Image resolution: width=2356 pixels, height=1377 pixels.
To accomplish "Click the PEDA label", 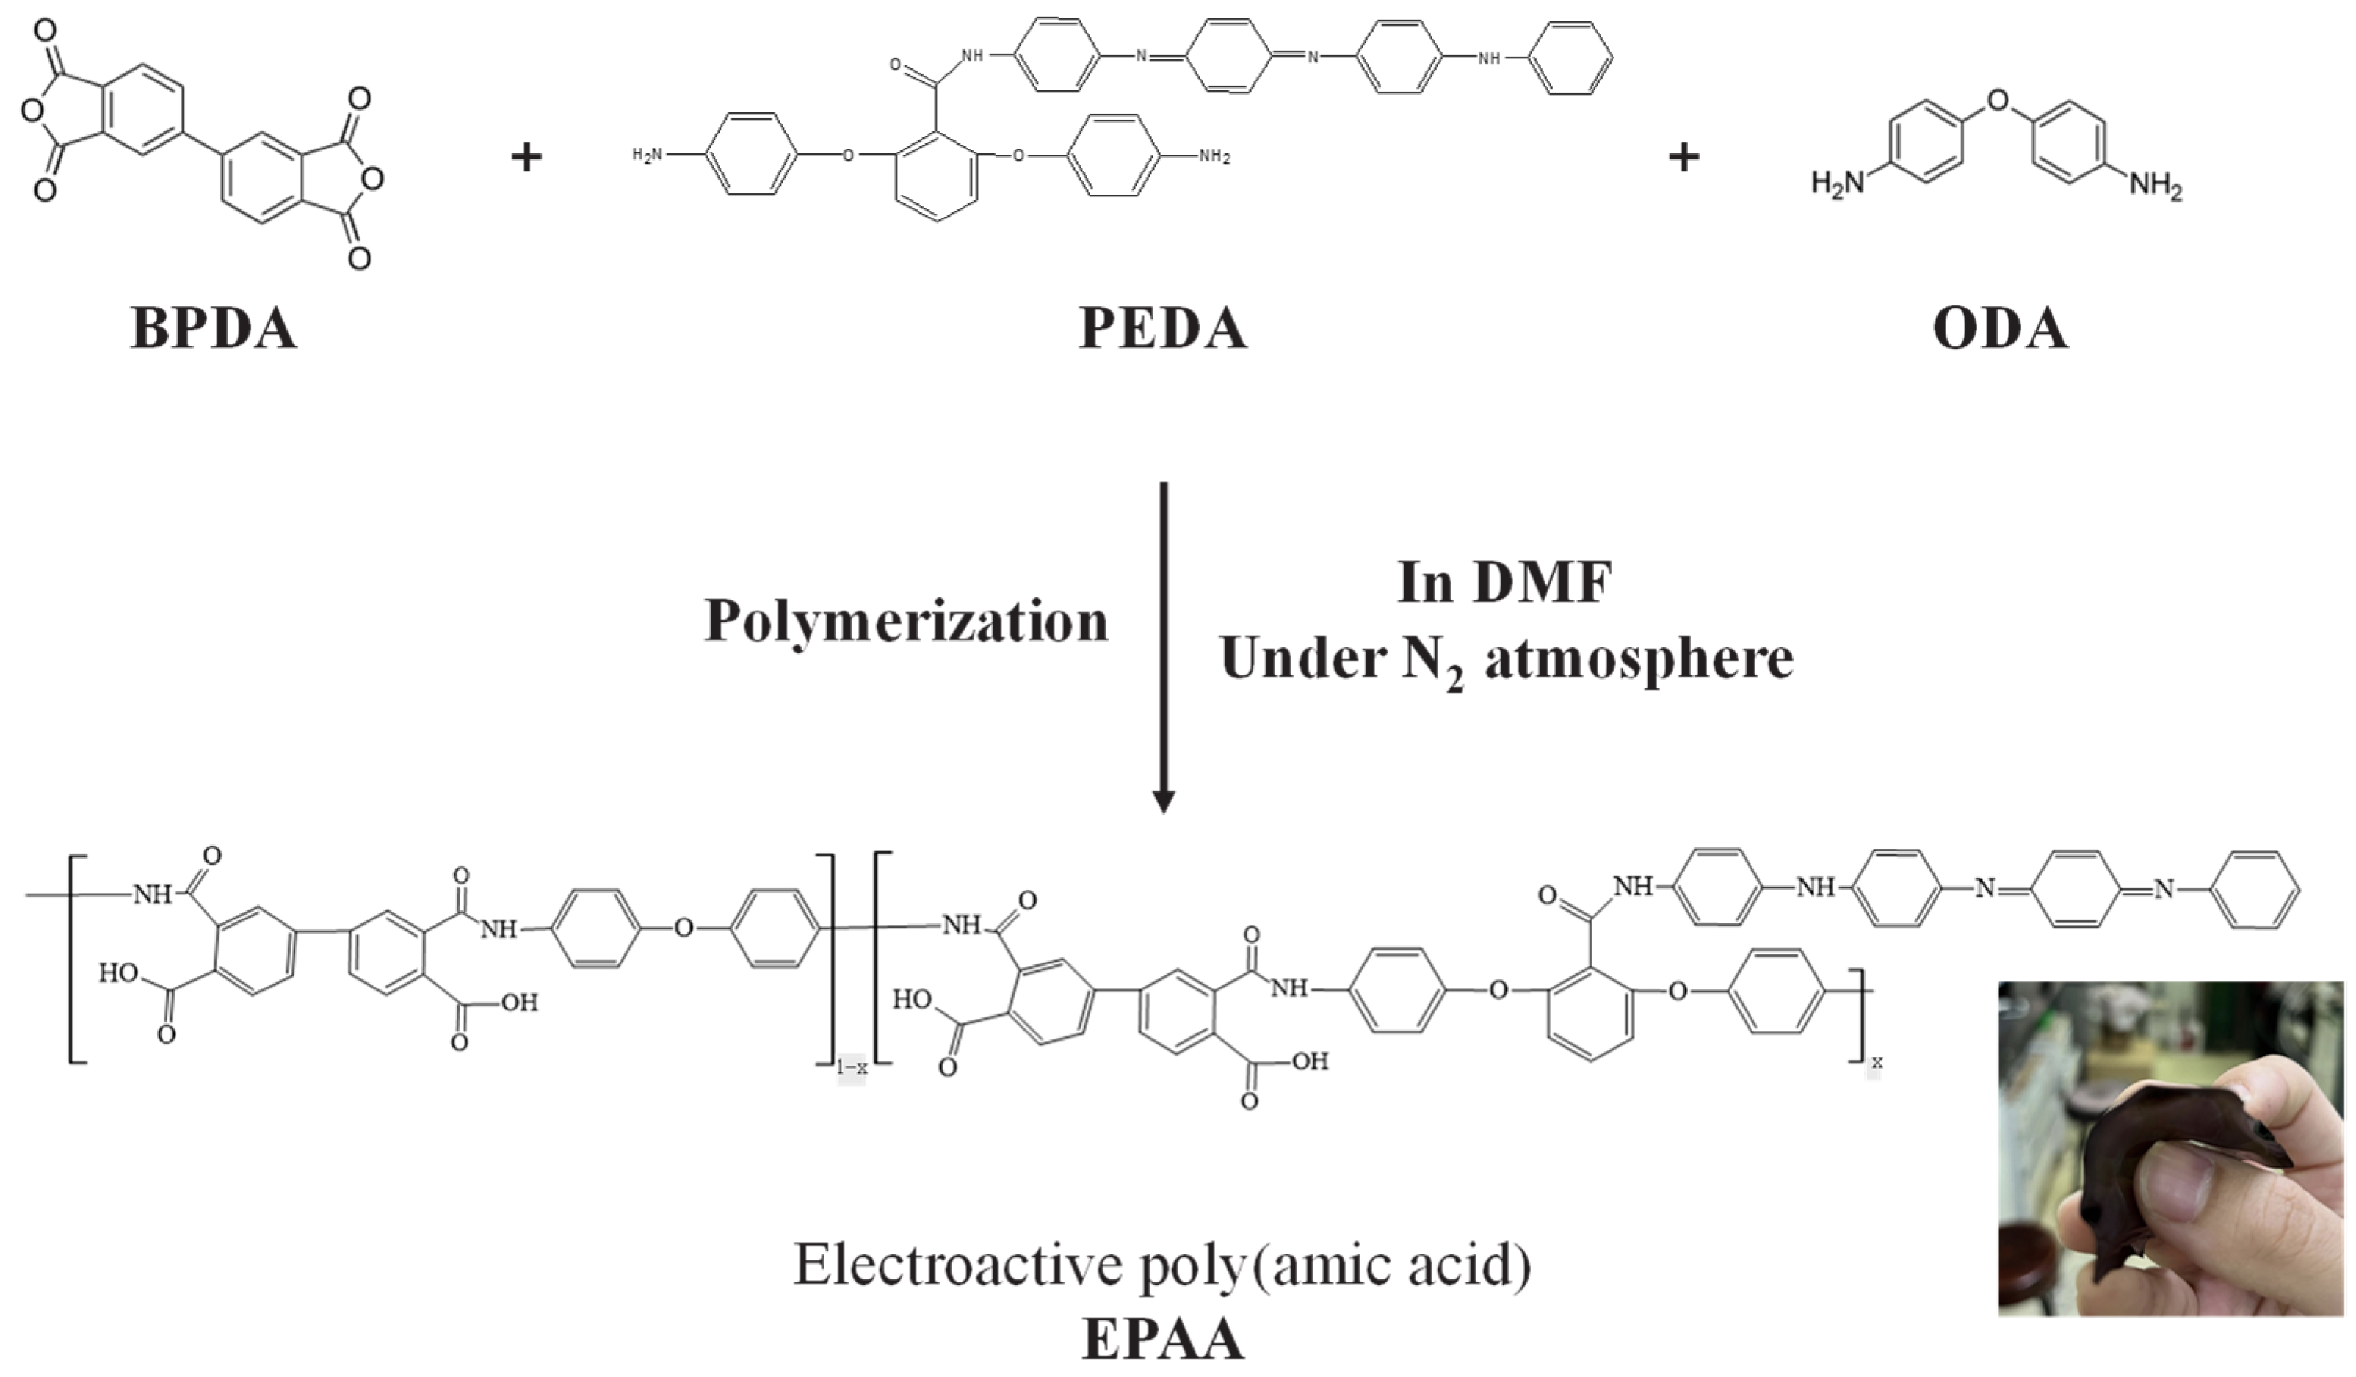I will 1162,328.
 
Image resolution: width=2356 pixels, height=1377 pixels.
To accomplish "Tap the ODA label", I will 2000,328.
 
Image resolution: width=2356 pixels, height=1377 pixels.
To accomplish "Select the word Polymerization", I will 905,622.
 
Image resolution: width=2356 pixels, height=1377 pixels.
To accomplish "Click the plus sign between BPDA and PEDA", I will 526,156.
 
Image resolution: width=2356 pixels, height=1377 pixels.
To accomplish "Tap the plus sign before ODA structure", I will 1683,156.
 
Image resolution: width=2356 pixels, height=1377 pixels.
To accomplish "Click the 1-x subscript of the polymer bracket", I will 851,1067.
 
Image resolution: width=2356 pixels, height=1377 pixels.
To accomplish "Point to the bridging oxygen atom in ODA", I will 1996,100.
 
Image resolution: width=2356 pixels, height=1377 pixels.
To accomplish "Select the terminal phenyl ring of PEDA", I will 1576,58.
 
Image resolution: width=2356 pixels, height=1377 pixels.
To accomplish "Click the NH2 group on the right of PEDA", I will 1214,157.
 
